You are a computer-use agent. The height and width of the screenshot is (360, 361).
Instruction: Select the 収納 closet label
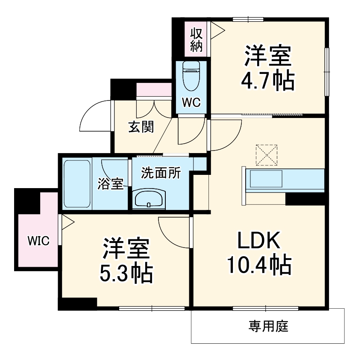pyautogui.click(x=196, y=39)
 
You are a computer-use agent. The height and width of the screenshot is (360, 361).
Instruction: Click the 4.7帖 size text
pyautogui.click(x=268, y=80)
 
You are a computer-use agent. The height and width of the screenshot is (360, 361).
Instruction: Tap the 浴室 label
pyautogui.click(x=111, y=184)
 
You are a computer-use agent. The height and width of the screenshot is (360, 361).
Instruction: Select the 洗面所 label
pyautogui.click(x=161, y=174)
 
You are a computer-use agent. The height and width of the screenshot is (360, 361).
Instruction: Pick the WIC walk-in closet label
pyautogui.click(x=38, y=240)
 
